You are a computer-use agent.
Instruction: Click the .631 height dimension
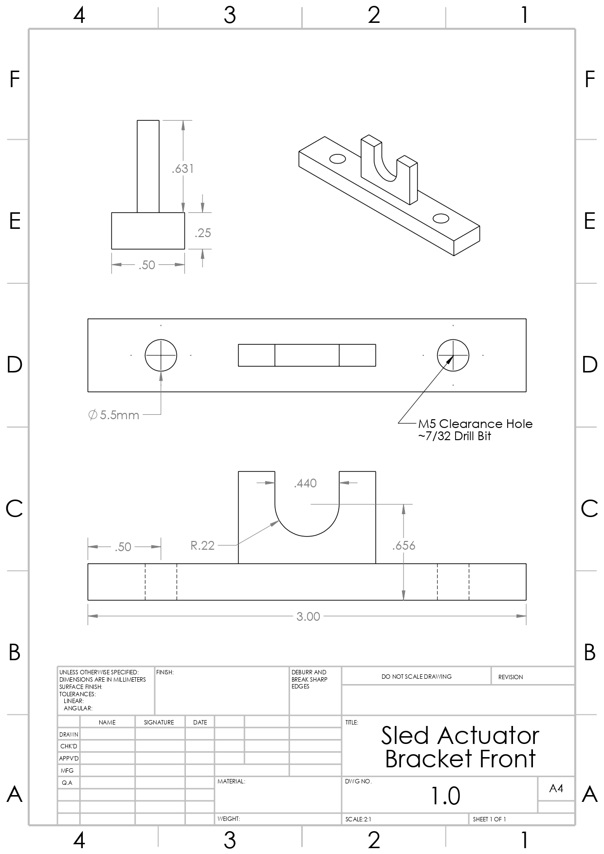[x=183, y=168]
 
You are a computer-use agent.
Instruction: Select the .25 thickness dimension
[x=202, y=233]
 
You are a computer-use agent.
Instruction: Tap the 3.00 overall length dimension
[x=308, y=616]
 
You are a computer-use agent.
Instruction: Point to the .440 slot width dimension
[x=305, y=483]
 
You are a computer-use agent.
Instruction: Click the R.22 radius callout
[x=202, y=545]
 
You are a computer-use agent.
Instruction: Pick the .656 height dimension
[x=403, y=545]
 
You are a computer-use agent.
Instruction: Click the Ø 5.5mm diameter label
[x=114, y=415]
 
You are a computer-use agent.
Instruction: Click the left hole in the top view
[x=161, y=355]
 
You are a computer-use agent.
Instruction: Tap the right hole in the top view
[x=453, y=355]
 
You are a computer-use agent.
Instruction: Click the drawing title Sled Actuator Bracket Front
[x=460, y=747]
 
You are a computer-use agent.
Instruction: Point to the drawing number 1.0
[x=445, y=796]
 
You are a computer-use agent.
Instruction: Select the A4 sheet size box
[x=556, y=788]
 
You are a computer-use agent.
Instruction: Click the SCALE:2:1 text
[x=358, y=819]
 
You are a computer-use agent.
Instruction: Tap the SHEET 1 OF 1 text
[x=489, y=819]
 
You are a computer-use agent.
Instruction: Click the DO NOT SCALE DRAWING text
[x=416, y=676]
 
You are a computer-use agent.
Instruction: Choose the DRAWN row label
[x=69, y=734]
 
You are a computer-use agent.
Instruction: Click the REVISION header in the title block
[x=511, y=677]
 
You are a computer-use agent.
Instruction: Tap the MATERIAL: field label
[x=231, y=781]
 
